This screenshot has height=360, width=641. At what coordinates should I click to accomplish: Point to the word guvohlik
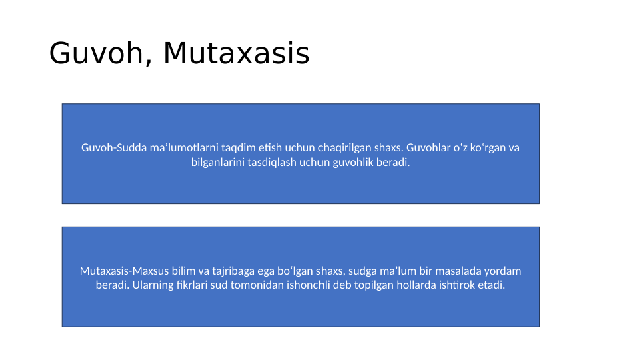(353, 162)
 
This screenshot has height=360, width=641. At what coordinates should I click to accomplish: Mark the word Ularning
(153, 285)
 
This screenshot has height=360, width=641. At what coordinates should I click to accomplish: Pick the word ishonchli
(313, 285)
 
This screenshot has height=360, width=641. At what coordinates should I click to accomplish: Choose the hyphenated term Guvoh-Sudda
(111, 147)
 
